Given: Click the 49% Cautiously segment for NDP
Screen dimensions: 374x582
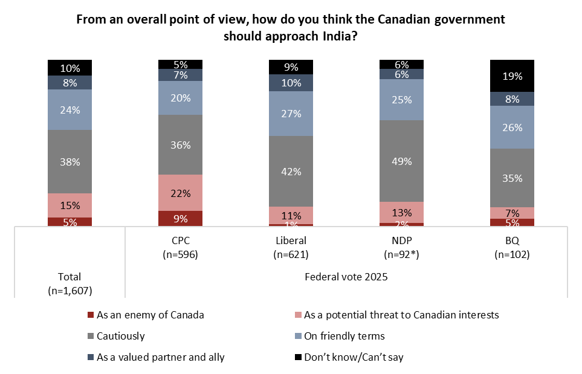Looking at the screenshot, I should (x=401, y=161).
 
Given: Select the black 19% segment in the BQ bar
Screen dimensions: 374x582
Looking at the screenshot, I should (x=512, y=76).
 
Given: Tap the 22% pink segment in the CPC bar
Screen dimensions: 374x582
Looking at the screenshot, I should (x=180, y=193).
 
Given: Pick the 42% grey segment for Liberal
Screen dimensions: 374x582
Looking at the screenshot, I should (x=291, y=171).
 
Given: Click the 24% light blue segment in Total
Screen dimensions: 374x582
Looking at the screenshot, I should (x=70, y=109).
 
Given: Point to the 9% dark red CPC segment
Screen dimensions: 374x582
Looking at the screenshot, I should (x=180, y=218).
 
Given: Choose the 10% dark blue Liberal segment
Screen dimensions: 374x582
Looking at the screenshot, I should (x=291, y=82).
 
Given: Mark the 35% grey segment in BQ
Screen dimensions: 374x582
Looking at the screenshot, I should (x=512, y=178).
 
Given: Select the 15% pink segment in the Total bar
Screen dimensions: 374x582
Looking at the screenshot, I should (x=70, y=205).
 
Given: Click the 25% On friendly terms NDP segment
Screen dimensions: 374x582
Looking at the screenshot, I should (x=401, y=99).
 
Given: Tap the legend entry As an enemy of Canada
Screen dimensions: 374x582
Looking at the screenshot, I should (x=145, y=315).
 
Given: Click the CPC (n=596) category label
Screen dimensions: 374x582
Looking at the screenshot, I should (x=180, y=248).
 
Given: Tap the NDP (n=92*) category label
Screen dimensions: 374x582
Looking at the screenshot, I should (x=401, y=248).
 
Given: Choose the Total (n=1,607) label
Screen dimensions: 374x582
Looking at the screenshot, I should (x=70, y=283).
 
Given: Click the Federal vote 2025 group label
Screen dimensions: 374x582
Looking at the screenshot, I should (x=346, y=277).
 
